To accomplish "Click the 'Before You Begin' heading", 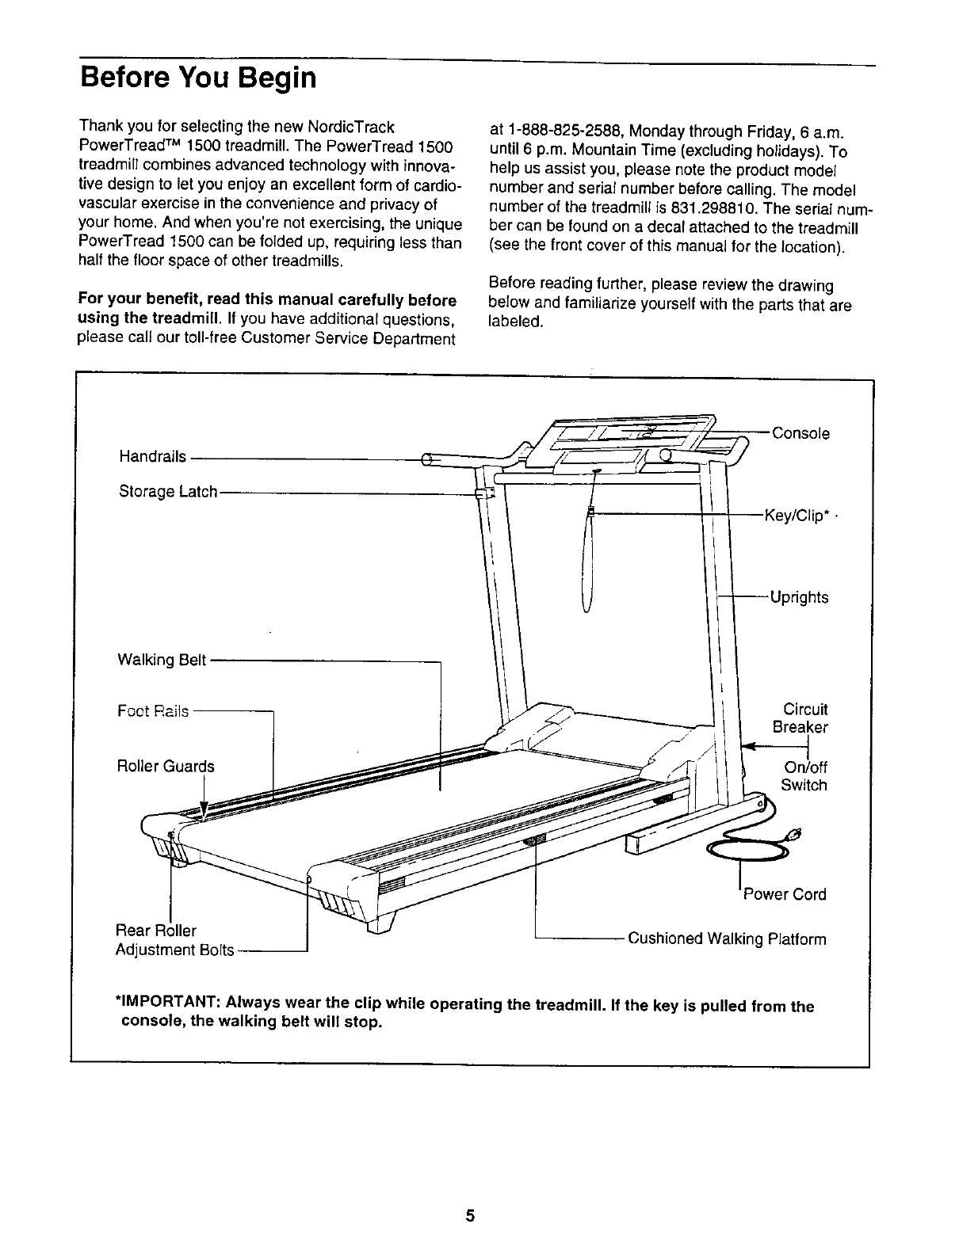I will pos(198,78).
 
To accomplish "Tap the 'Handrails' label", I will pos(152,456).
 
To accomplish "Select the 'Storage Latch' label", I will pos(168,492).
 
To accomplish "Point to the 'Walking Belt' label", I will pos(162,660).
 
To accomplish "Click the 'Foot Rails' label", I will pos(153,711).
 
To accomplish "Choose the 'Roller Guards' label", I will pos(165,766).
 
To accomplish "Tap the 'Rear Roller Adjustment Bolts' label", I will pos(175,939).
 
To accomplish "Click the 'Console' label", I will pos(800,433).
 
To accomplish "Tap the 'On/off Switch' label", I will pos(804,776).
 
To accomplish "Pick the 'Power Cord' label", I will pos(784,894).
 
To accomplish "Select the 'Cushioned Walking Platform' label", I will pos(727,939).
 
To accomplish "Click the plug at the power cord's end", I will pos(793,833).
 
